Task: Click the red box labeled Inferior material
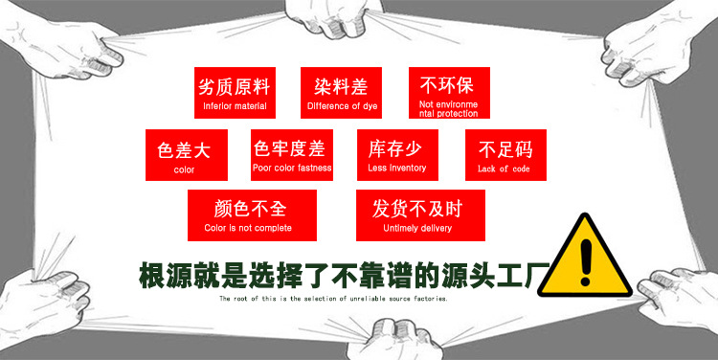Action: pos(233,93)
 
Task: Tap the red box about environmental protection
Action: pos(448,93)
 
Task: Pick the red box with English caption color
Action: pos(185,155)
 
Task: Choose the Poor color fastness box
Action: pos(292,155)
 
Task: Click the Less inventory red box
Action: pos(396,155)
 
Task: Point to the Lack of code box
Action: pos(505,155)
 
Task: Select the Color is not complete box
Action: pos(247,214)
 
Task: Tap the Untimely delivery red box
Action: pos(420,214)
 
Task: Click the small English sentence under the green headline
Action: pos(333,299)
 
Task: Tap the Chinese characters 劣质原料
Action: pos(233,84)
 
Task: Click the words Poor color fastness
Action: pos(292,169)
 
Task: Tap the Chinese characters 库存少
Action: pos(396,148)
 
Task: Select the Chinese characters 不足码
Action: pos(505,149)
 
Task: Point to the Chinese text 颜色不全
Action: pos(248,208)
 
